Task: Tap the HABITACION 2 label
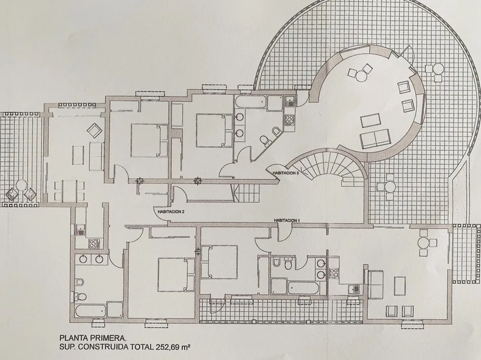click(x=171, y=211)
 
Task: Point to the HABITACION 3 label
click(x=286, y=173)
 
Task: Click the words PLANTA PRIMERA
click(x=93, y=338)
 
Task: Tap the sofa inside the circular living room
click(x=375, y=138)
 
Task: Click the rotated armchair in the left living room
click(x=94, y=131)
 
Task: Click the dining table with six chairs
click(x=69, y=191)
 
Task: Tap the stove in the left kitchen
click(x=93, y=243)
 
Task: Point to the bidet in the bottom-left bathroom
click(x=79, y=283)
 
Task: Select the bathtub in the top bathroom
click(x=251, y=101)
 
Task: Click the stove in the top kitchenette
click(x=289, y=119)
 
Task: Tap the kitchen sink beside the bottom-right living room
click(x=354, y=289)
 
